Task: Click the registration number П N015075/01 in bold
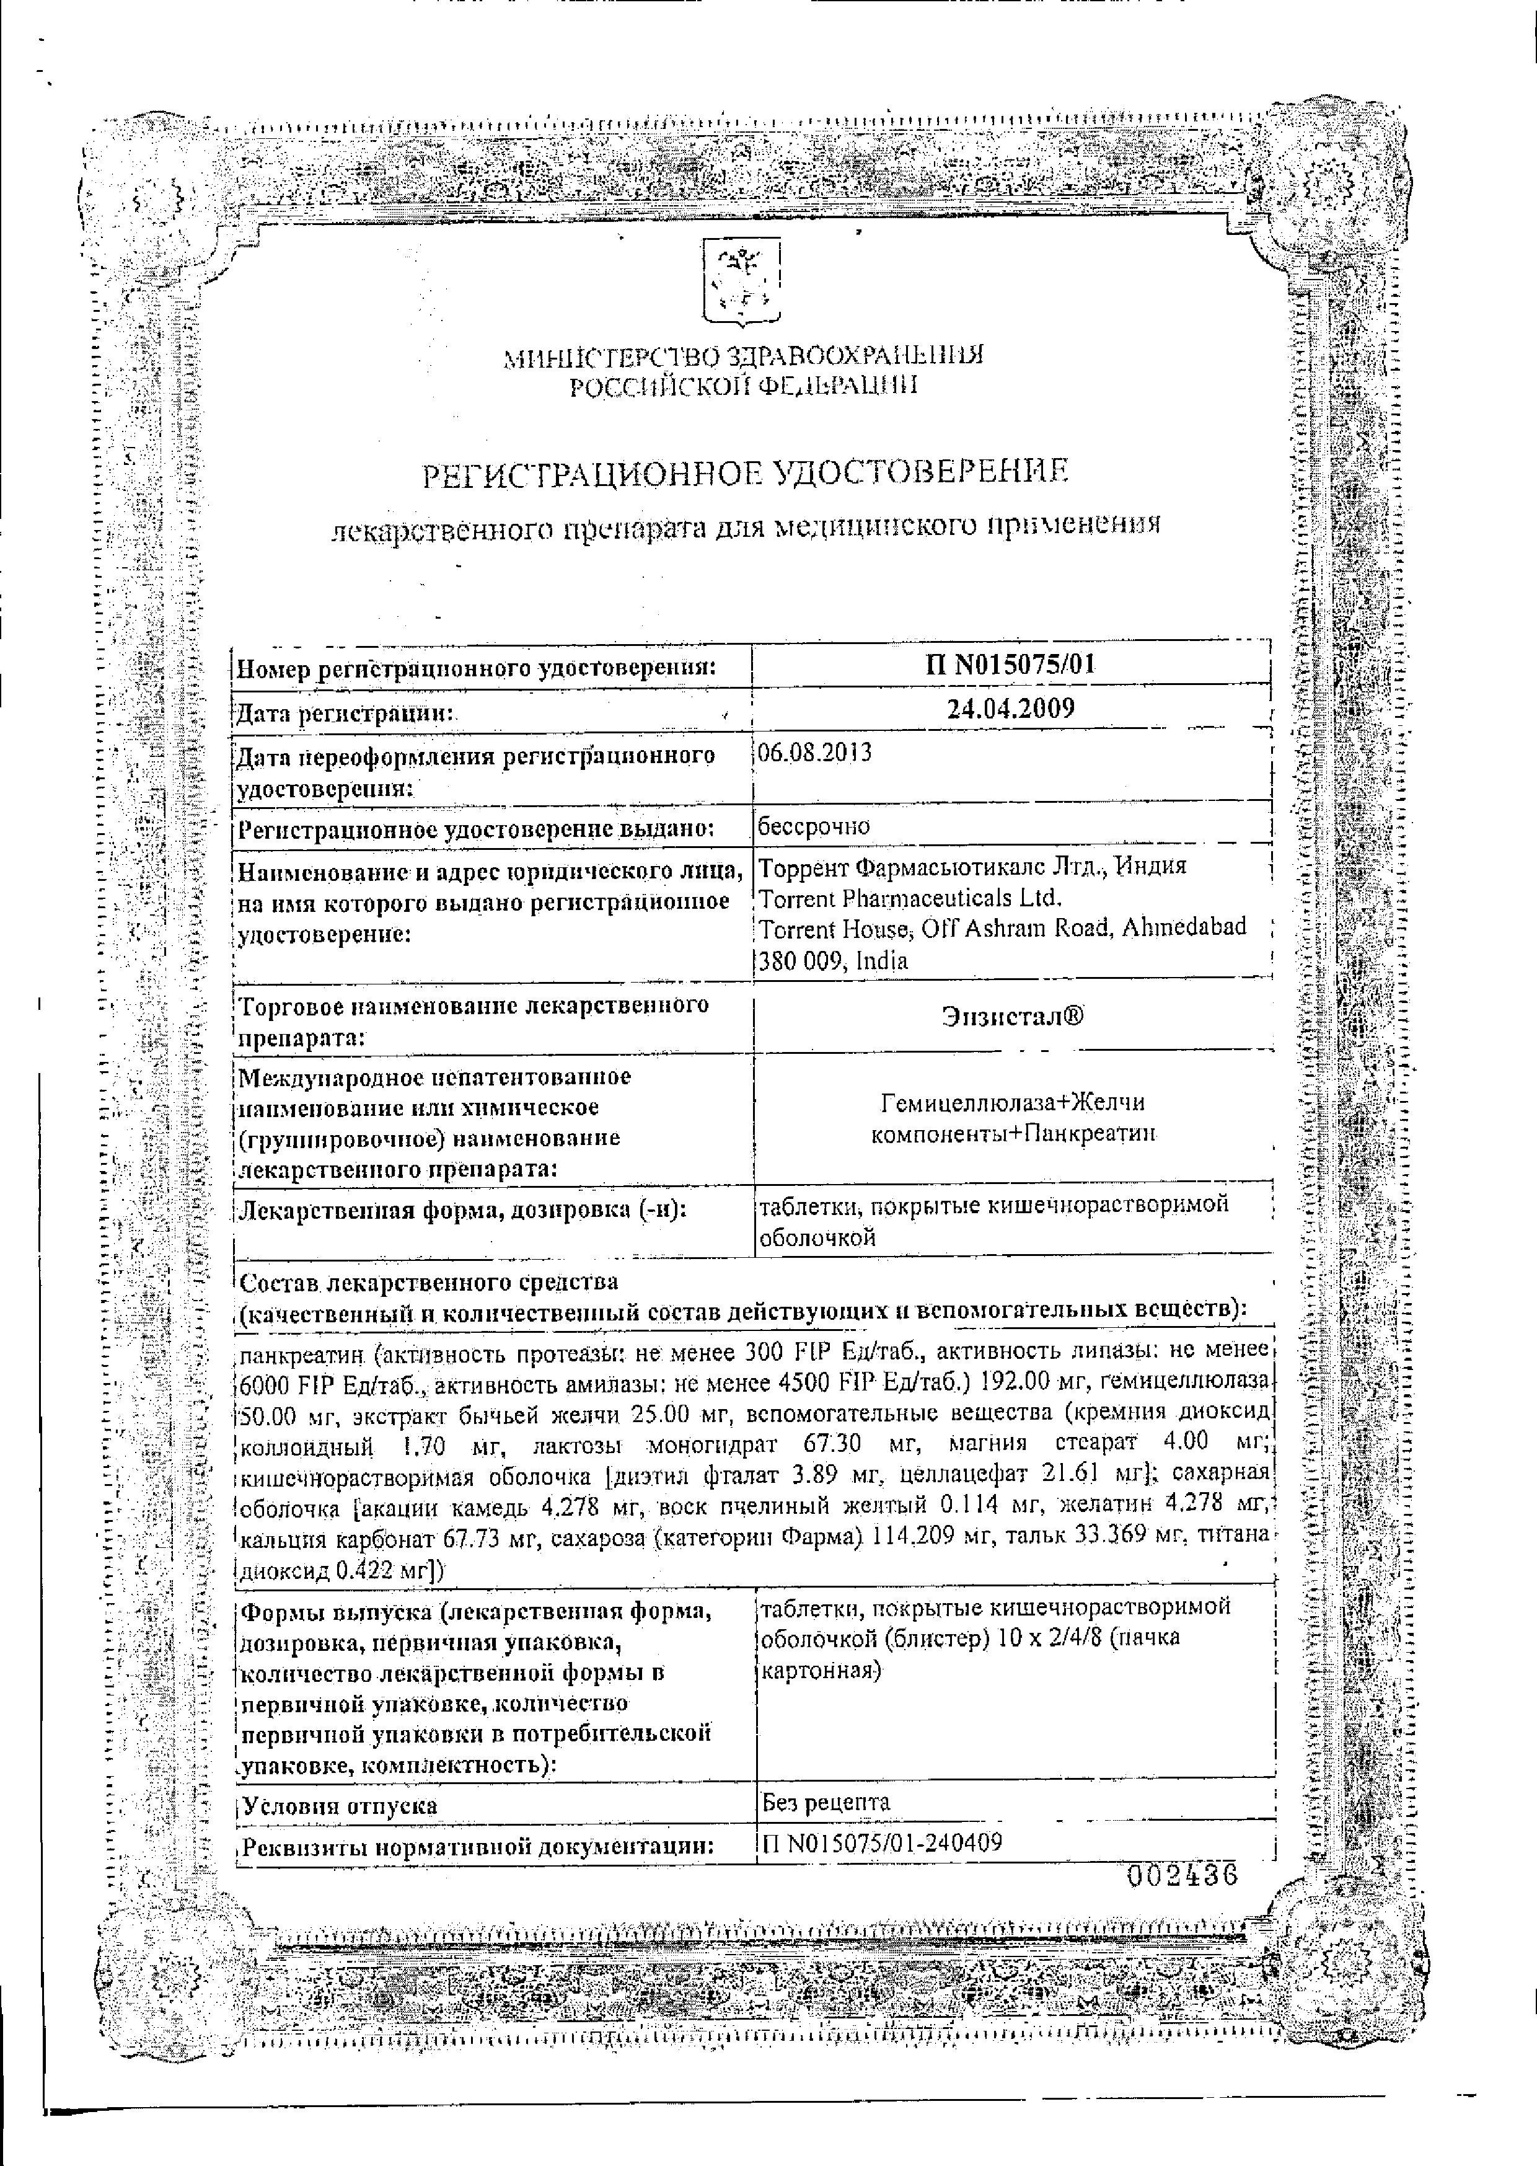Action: (x=1009, y=665)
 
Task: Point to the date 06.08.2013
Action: (x=815, y=754)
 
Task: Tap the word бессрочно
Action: (x=814, y=826)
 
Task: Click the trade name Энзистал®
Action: (x=1013, y=1017)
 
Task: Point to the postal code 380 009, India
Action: (x=834, y=961)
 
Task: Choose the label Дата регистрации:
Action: (x=345, y=713)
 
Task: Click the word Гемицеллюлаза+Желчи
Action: (x=1013, y=1103)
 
